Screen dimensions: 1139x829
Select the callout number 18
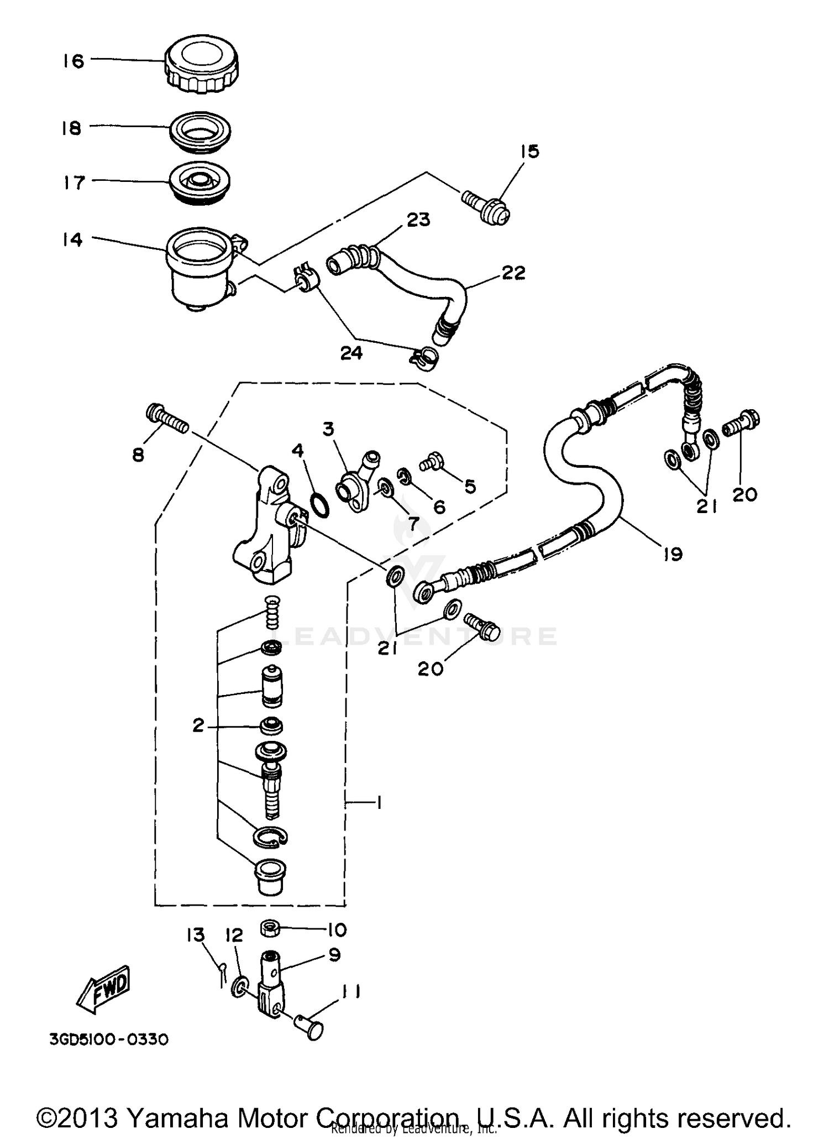[71, 128]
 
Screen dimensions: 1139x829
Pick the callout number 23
[418, 220]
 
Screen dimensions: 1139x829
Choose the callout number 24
[351, 353]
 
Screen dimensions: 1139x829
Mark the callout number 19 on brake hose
[673, 553]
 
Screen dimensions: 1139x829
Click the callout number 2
[198, 725]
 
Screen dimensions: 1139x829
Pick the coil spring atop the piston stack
[272, 612]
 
